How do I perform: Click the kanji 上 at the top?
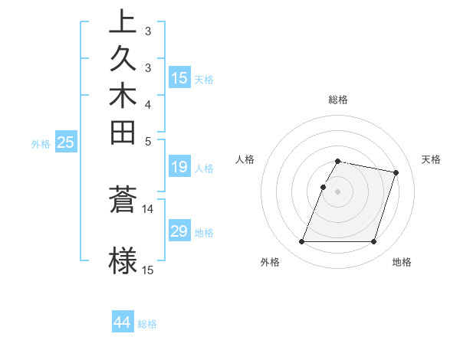tap(123, 21)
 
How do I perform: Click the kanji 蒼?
tap(123, 201)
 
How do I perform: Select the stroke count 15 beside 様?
tap(148, 270)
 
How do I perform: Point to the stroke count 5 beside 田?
tap(147, 141)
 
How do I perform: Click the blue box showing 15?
tap(179, 78)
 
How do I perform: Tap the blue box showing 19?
tap(179, 168)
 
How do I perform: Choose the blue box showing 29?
tap(179, 231)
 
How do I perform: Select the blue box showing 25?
tap(66, 142)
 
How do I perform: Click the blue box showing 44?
tap(123, 322)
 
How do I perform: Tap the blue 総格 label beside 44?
tap(147, 324)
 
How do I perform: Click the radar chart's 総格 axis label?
tap(338, 100)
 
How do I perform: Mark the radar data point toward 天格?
tap(396, 173)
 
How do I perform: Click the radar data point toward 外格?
tap(302, 242)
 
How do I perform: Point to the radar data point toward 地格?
tap(373, 242)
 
